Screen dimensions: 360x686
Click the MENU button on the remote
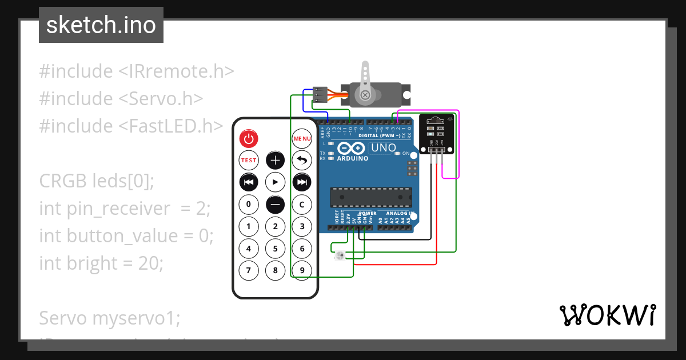click(x=302, y=138)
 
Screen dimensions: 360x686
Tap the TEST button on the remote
click(x=249, y=161)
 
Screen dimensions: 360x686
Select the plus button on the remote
click(x=276, y=161)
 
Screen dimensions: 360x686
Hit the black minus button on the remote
click(x=276, y=204)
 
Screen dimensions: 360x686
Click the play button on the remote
click(x=276, y=182)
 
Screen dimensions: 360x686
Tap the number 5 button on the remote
click(x=276, y=249)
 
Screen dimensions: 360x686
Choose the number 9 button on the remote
click(x=302, y=270)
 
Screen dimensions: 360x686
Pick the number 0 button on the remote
click(x=249, y=204)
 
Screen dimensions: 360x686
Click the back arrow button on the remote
click(x=302, y=161)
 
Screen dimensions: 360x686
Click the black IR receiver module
click(x=436, y=133)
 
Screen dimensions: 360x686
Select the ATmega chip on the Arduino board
click(x=370, y=197)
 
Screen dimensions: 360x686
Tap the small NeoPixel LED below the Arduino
click(x=338, y=254)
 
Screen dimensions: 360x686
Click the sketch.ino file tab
click(x=101, y=25)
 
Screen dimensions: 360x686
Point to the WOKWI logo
click(x=607, y=315)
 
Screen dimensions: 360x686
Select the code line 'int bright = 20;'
click(x=101, y=263)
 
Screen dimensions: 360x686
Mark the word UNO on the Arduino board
click(x=384, y=148)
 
